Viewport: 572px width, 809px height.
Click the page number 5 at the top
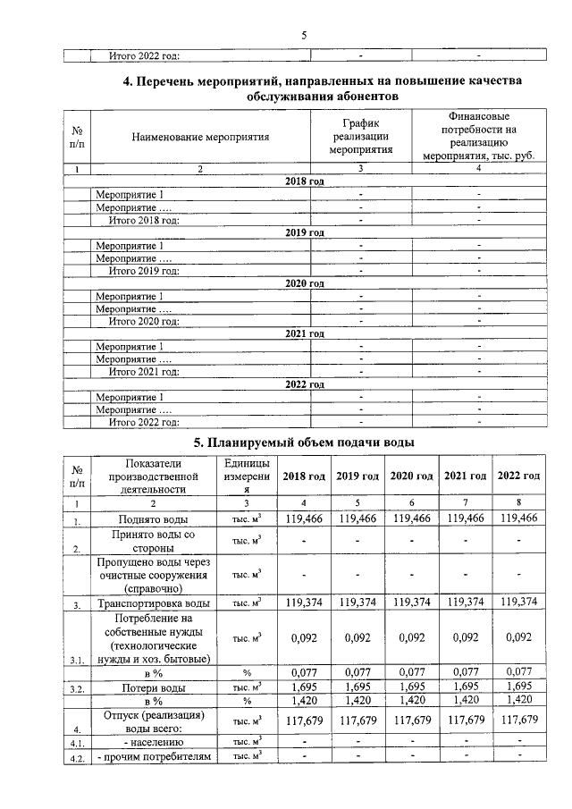(x=304, y=35)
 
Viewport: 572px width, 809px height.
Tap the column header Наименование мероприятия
(x=199, y=138)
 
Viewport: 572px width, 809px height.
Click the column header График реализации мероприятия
(x=360, y=138)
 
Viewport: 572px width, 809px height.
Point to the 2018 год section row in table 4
(x=304, y=181)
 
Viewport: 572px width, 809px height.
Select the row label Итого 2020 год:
(x=144, y=320)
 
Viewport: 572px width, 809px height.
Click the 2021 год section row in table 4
(x=304, y=333)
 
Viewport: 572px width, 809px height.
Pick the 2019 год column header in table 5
(x=357, y=476)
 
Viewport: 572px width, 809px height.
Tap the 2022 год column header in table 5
(x=518, y=476)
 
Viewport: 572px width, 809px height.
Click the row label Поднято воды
(x=154, y=519)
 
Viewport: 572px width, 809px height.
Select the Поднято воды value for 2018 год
(x=304, y=518)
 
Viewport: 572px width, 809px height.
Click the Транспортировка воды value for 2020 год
(x=411, y=604)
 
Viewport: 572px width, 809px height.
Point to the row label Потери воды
(x=154, y=688)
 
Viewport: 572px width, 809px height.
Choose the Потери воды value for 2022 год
(x=518, y=687)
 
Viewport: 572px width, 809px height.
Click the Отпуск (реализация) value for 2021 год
(x=465, y=721)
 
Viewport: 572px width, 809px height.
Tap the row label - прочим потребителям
(x=154, y=757)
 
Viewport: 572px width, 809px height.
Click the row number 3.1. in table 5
(x=78, y=662)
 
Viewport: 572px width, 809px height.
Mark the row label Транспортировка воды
(x=154, y=605)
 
